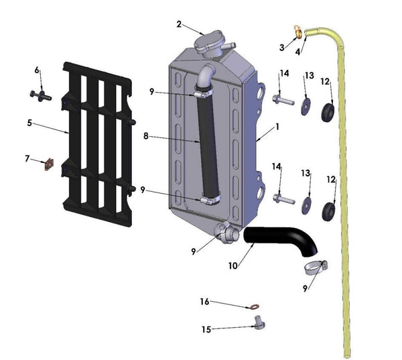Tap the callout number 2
point(179,24)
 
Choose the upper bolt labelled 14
point(282,101)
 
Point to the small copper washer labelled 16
point(255,308)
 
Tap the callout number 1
point(276,126)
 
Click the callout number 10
point(232,266)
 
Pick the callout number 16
point(205,302)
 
